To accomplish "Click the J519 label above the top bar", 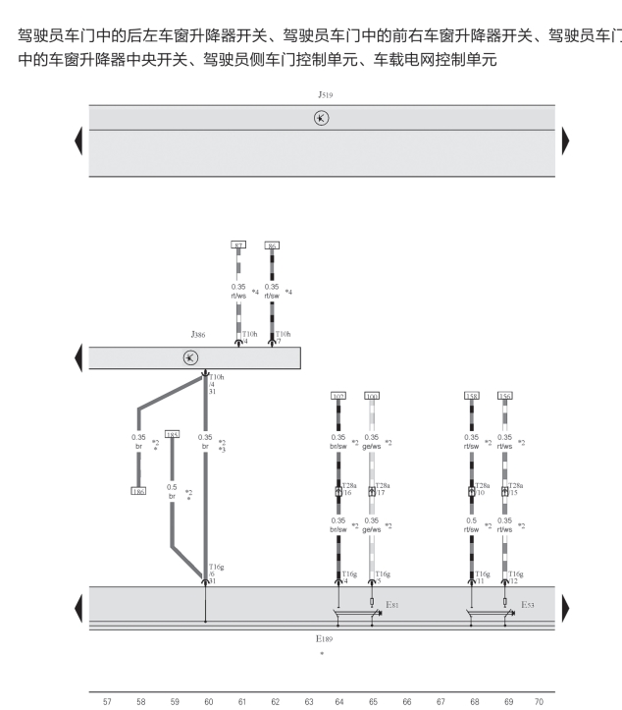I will [324, 94].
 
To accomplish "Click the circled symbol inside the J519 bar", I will [321, 118].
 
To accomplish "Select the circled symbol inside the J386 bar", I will [190, 357].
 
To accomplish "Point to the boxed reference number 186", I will [138, 490].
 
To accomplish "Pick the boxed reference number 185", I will [172, 433].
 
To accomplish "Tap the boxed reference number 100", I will [371, 396].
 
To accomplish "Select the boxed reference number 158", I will [471, 396].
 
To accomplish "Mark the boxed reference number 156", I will [504, 396].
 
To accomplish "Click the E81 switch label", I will [391, 605].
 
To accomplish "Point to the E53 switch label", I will [527, 605].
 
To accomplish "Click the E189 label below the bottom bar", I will [324, 638].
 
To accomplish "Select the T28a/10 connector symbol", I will [471, 491].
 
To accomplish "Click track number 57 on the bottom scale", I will [107, 701].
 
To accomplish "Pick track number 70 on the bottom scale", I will [538, 701].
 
